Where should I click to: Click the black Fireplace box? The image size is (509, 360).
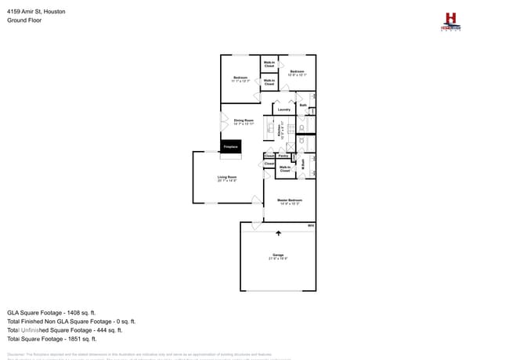tap(230, 146)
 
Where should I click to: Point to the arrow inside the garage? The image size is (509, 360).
tap(278, 232)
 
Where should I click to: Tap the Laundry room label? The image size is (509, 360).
tap(283, 110)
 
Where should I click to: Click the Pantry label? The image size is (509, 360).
tap(283, 156)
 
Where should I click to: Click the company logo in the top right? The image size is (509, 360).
tap(450, 22)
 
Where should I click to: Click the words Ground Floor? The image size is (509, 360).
tap(24, 20)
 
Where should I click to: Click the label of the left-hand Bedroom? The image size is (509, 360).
tap(240, 78)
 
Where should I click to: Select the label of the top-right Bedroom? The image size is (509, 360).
tap(297, 73)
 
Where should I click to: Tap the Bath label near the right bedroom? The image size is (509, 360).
tap(303, 105)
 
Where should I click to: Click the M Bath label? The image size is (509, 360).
tap(302, 164)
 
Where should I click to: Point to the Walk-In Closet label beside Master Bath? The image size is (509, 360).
tap(284, 168)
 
